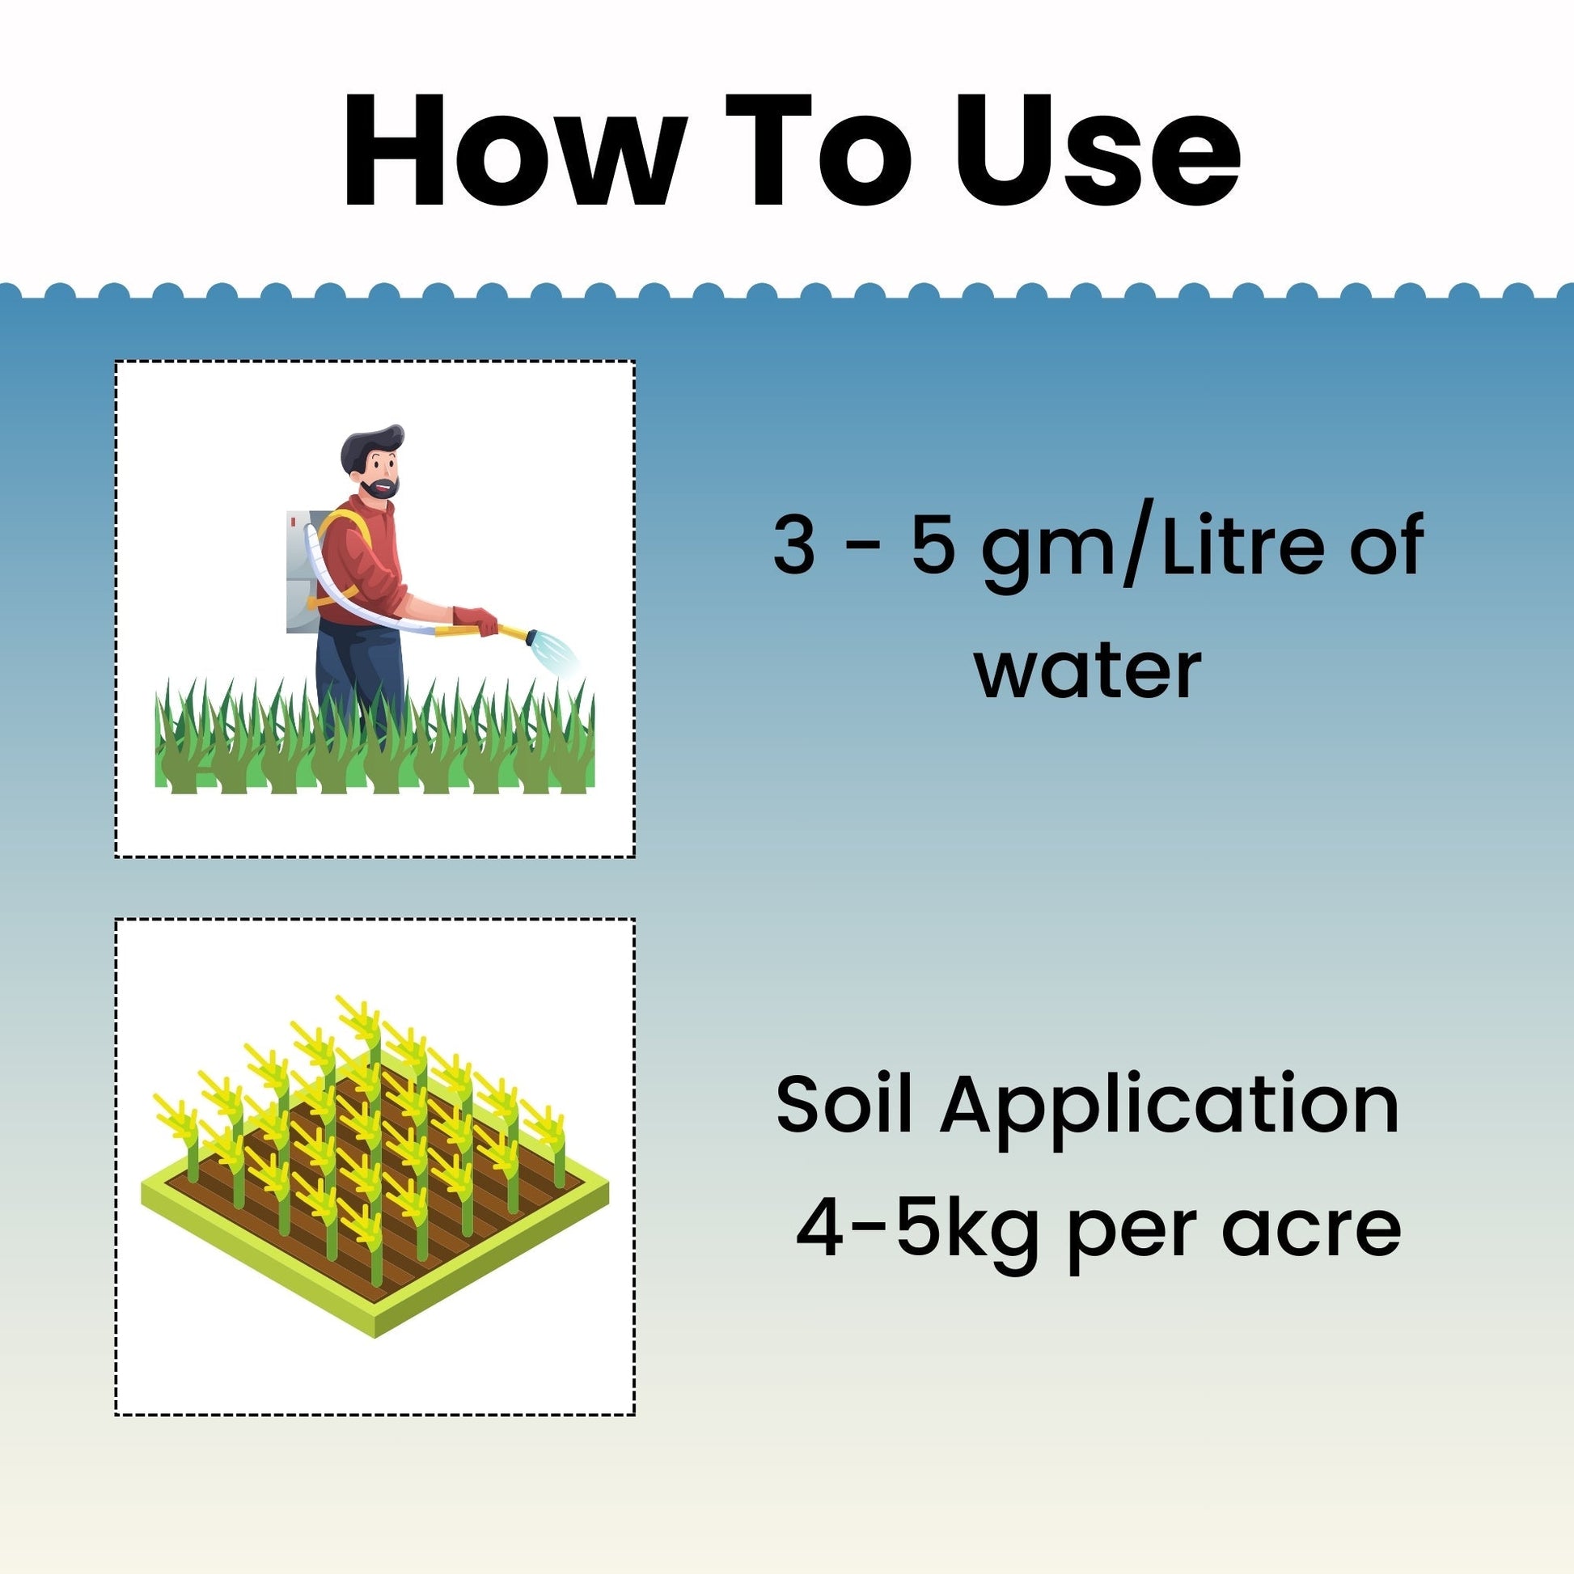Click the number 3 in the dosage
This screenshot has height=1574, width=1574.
793,545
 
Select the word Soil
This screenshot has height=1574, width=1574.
843,1104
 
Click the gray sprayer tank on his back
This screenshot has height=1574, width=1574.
303,571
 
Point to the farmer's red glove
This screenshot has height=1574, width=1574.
475,620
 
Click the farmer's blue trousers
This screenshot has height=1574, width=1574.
359,672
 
